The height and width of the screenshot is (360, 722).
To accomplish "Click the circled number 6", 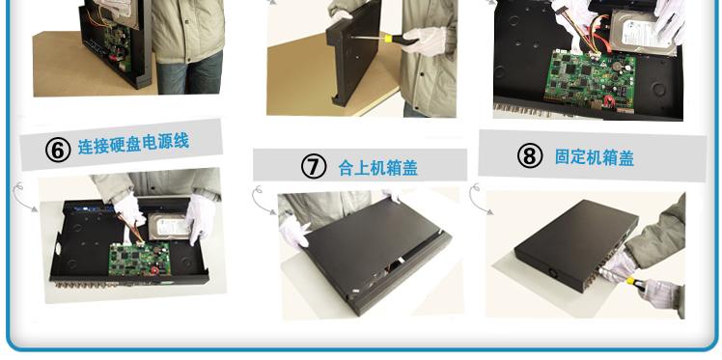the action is tap(58, 150).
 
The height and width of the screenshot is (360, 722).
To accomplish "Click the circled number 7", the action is tap(314, 166).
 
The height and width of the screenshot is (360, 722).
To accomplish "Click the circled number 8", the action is tap(530, 155).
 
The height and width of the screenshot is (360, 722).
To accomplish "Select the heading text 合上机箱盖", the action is tap(377, 168).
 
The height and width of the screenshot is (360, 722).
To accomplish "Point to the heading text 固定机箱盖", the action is tap(594, 157).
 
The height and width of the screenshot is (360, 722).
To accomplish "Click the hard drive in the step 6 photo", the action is tap(170, 226).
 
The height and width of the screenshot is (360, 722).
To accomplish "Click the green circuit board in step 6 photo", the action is tap(140, 259).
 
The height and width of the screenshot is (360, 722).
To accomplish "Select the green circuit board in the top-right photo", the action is tap(592, 81).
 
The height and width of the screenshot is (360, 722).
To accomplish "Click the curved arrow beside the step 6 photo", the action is tap(25, 197).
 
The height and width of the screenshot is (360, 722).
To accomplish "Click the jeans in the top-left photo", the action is tap(189, 72).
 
